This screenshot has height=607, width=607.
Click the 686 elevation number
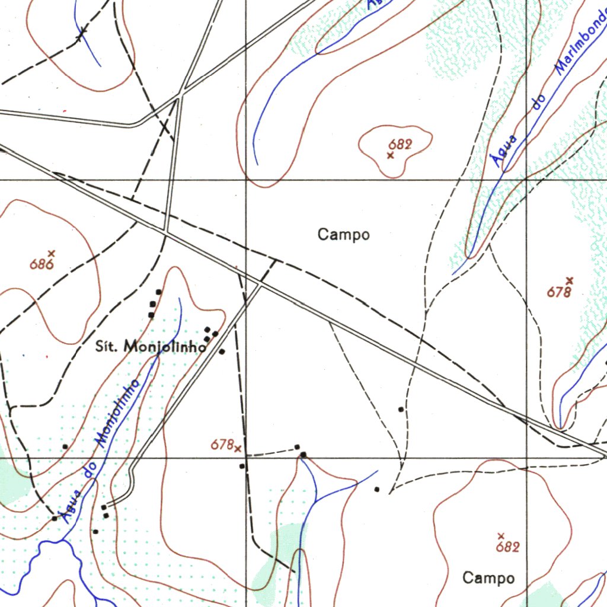pyautogui.click(x=41, y=264)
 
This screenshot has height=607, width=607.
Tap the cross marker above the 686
pyautogui.click(x=52, y=253)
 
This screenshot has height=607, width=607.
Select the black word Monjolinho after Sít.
pyautogui.click(x=164, y=347)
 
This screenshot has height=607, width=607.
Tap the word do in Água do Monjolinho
pyautogui.click(x=90, y=471)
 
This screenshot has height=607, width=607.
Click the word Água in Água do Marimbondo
pyautogui.click(x=504, y=151)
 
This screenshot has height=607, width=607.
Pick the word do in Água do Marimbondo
pyautogui.click(x=538, y=102)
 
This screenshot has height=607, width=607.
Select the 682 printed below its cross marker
pyautogui.click(x=508, y=547)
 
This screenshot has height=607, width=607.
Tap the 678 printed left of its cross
pyautogui.click(x=222, y=445)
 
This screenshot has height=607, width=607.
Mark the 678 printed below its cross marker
pyautogui.click(x=559, y=292)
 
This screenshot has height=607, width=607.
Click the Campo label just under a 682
pyautogui.click(x=488, y=578)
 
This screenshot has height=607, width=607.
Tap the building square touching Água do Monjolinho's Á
pyautogui.click(x=55, y=518)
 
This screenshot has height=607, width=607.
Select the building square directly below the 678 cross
pyautogui.click(x=242, y=467)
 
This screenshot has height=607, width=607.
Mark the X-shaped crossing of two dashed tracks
pyautogui.click(x=165, y=127)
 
